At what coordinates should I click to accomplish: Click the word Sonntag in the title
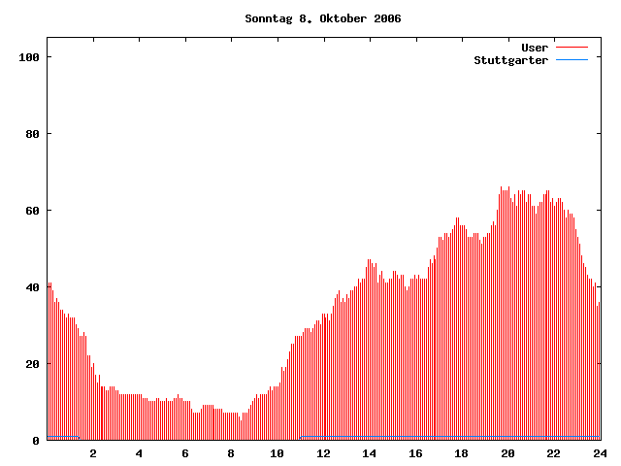268,18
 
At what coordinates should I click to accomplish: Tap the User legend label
535,48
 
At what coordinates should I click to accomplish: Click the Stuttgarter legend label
510,60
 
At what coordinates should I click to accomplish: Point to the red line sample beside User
572,48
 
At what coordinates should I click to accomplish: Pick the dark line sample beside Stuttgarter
572,60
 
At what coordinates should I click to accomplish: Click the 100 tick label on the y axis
28,57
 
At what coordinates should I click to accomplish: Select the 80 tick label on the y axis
32,134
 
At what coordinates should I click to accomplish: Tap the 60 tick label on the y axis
32,211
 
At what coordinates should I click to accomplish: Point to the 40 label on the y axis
32,287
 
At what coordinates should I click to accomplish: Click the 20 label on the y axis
32,364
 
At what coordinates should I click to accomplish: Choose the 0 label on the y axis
36,441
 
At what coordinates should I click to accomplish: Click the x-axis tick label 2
93,453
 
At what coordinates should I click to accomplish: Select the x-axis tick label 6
185,453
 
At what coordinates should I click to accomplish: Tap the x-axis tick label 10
278,453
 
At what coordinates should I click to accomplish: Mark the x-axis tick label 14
370,453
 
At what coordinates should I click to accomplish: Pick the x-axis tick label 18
462,453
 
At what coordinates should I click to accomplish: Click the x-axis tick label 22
553,453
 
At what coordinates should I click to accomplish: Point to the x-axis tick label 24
600,453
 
